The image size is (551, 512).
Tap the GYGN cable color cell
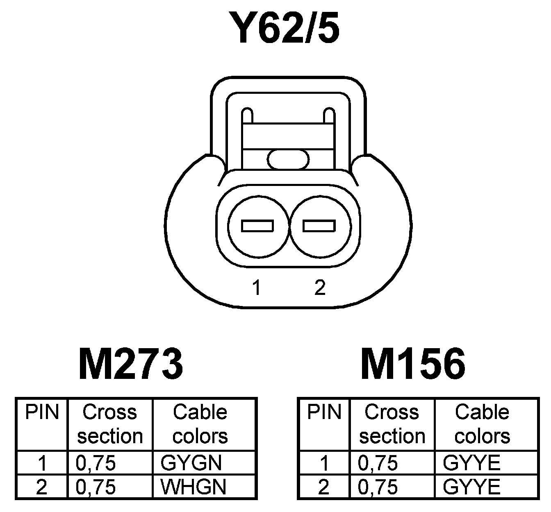click(191, 463)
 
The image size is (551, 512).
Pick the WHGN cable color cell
click(193, 487)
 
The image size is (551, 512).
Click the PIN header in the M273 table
click(42, 412)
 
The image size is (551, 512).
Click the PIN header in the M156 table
click(324, 412)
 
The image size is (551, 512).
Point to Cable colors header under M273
click(200, 424)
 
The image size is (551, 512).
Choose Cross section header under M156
click(392, 424)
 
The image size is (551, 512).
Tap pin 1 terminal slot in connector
click(257, 226)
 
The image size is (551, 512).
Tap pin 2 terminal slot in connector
click(319, 226)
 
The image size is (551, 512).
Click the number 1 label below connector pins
click(257, 288)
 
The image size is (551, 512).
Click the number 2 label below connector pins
click(320, 288)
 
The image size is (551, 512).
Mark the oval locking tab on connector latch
click(288, 159)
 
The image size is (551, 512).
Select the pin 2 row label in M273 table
click(42, 487)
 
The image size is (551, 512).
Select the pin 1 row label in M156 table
click(324, 463)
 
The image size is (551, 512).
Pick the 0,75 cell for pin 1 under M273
click(96, 463)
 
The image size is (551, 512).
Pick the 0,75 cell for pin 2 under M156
click(378, 487)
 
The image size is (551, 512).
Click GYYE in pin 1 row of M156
click(471, 463)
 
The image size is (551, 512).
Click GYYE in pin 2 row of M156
click(471, 487)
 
